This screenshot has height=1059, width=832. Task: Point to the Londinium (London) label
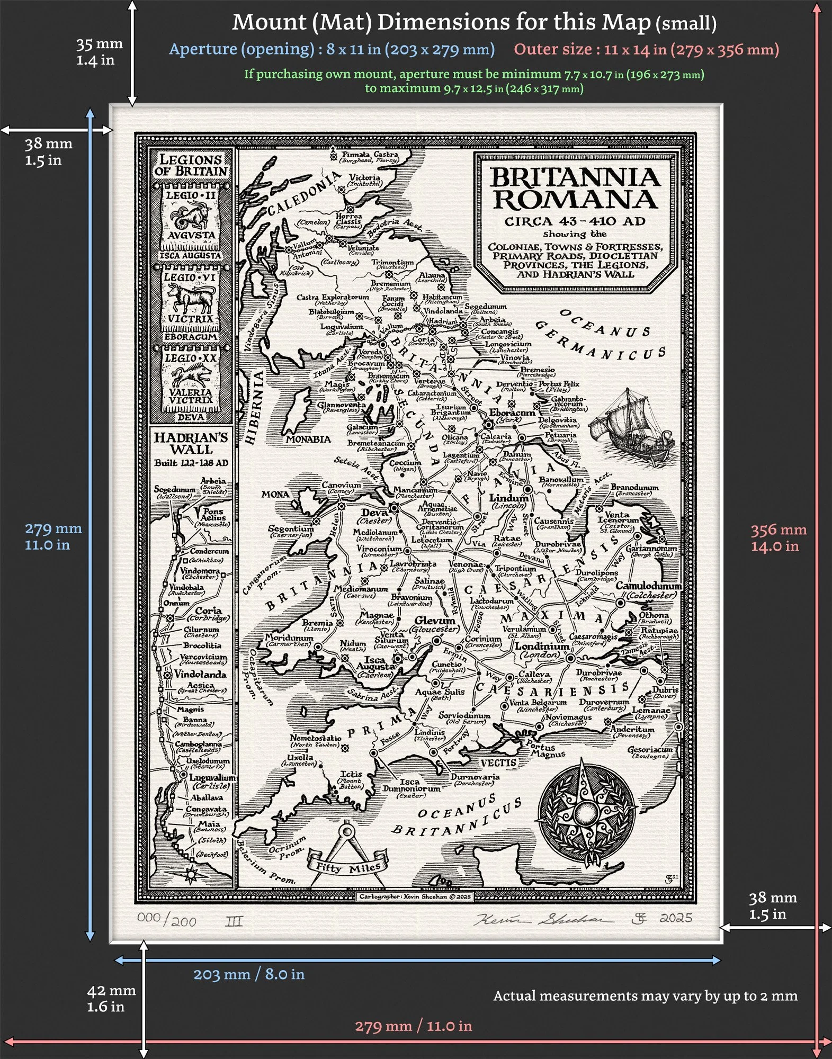(541, 650)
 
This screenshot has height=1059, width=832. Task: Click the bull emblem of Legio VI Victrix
(190, 299)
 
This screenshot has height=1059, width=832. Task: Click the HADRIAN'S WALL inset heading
(191, 443)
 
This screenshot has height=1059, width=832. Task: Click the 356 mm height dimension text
(778, 537)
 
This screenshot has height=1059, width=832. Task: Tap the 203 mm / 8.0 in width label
(248, 974)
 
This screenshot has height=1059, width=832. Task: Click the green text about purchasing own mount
(473, 81)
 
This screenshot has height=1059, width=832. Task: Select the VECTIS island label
(498, 762)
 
